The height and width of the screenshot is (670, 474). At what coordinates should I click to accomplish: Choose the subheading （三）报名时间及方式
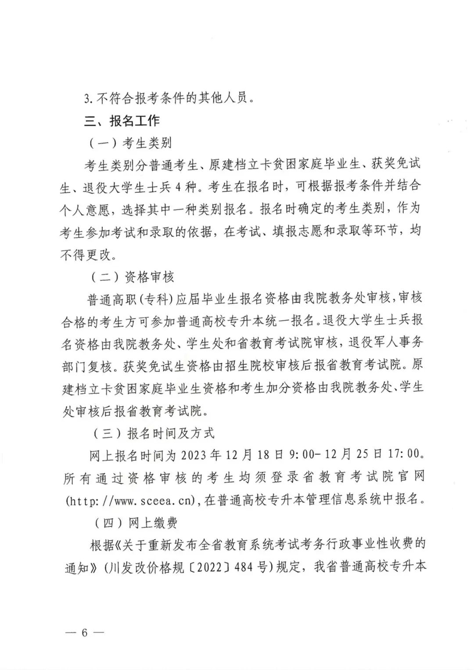pyautogui.click(x=153, y=433)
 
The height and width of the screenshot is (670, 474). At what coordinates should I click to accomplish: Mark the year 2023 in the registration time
pyautogui.click(x=194, y=455)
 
